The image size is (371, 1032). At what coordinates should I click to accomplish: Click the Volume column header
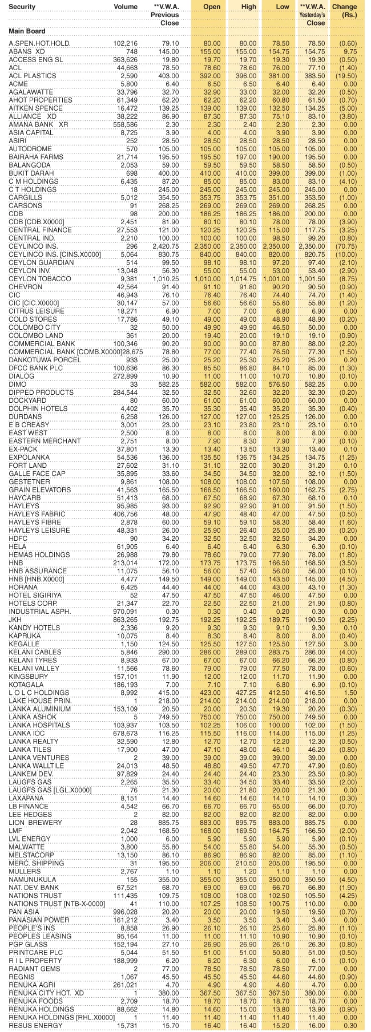[126, 7]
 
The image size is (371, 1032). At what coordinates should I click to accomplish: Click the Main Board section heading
[27, 31]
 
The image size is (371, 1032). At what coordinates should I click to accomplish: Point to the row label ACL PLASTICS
[33, 76]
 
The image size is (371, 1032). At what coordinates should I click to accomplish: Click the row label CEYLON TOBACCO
[40, 278]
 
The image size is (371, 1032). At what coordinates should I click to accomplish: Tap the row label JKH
[15, 620]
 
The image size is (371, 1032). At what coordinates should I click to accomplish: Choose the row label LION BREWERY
[35, 823]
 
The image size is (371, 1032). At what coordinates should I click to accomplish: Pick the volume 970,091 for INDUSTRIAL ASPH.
[125, 612]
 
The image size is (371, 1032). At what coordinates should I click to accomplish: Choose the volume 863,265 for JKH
[125, 620]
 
